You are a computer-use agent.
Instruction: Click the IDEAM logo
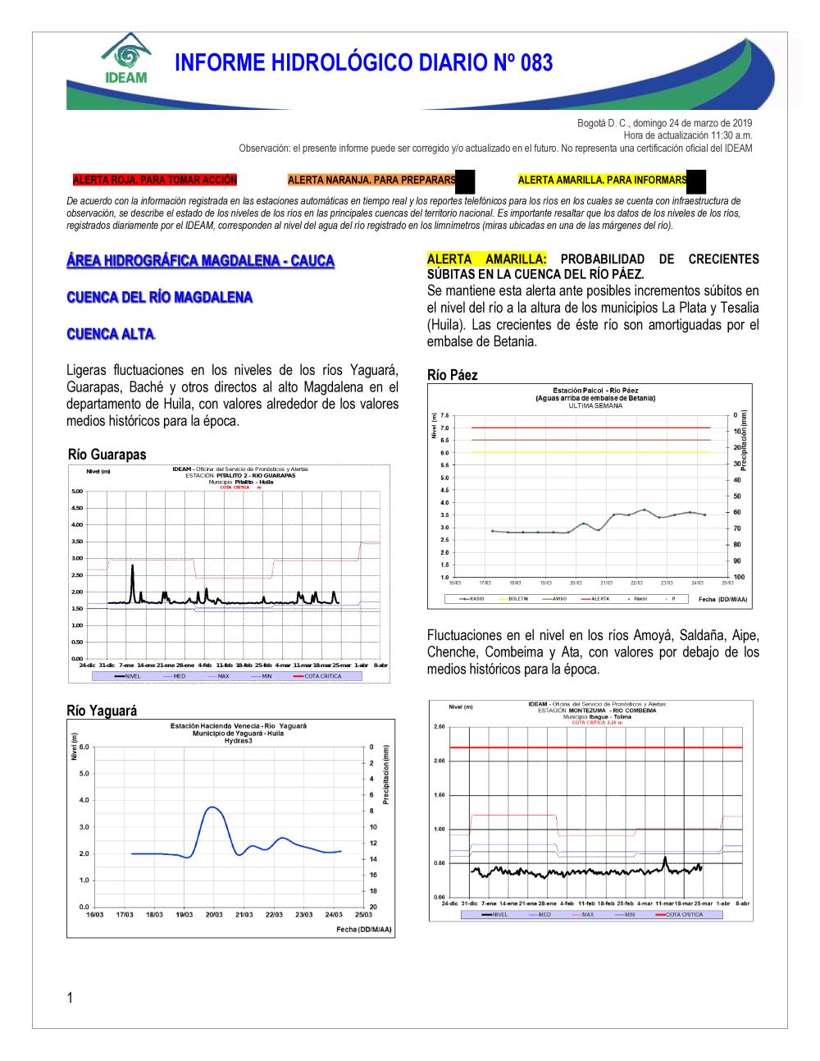tap(126, 59)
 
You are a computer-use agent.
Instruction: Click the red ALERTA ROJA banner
tap(154, 181)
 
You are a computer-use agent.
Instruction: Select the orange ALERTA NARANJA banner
tap(371, 181)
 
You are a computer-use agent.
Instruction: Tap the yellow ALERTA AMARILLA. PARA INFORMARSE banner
tap(603, 181)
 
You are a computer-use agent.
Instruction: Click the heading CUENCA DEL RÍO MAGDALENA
tap(159, 297)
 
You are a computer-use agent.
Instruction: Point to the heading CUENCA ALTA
tap(110, 334)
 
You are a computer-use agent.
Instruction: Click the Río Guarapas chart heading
tap(107, 455)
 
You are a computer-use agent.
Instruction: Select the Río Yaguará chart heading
tap(102, 711)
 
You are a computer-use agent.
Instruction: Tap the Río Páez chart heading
tap(452, 375)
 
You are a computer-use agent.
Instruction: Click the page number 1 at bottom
tap(70, 998)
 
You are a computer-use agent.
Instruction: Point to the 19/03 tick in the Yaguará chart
tap(184, 914)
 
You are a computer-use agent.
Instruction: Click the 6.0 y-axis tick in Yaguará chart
tap(84, 747)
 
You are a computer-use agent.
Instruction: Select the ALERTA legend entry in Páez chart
tap(599, 599)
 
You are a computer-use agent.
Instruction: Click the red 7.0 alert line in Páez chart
tap(590, 428)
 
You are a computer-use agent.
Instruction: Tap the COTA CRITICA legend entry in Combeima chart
tap(683, 914)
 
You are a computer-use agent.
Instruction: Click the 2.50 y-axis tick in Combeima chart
tap(439, 726)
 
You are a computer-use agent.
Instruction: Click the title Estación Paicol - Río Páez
tap(595, 391)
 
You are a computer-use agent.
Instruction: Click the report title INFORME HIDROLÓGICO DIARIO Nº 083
tap(363, 63)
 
